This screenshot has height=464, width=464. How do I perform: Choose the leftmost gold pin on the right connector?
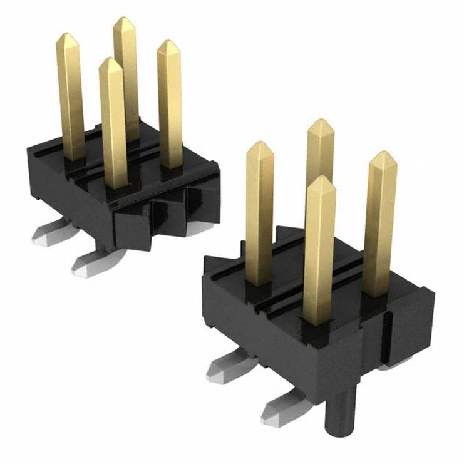click(x=259, y=213)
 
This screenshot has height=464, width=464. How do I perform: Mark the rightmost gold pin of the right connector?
click(x=381, y=219)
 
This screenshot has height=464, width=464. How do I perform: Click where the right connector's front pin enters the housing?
click(x=318, y=322)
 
